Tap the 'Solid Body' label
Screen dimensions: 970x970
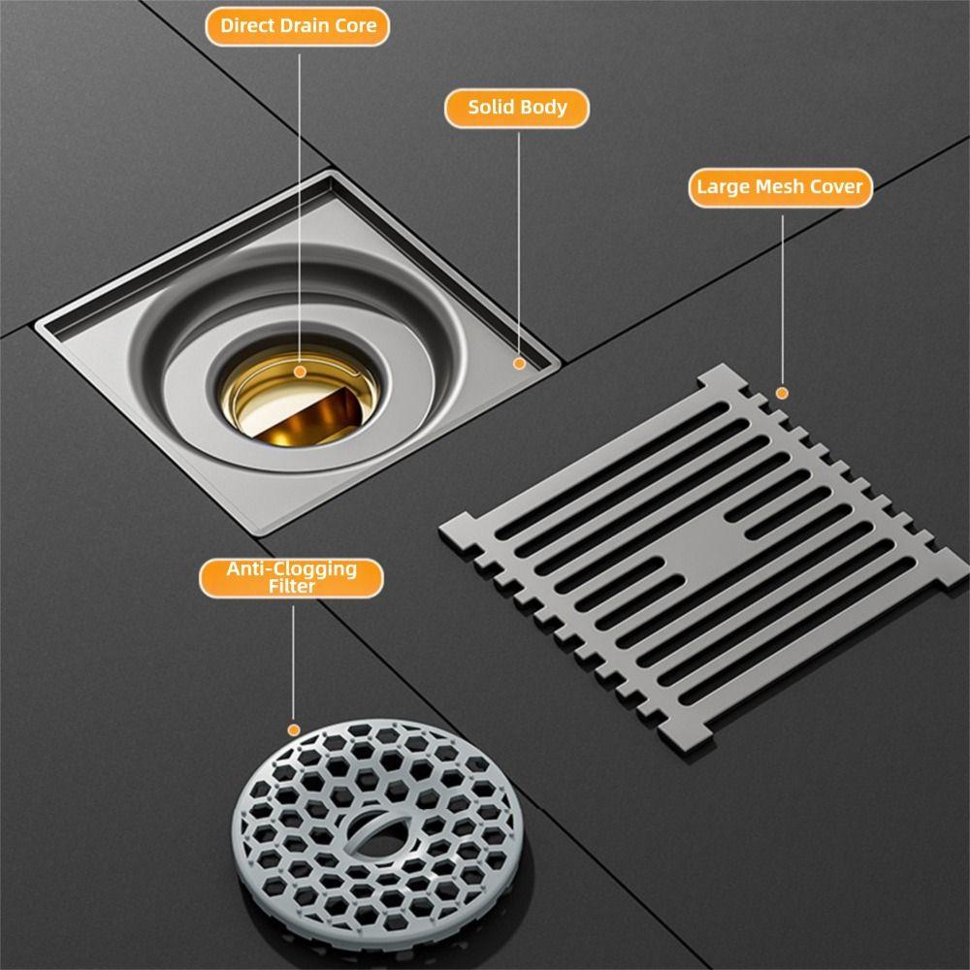pyautogui.click(x=517, y=108)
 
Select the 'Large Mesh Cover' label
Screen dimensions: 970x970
pyautogui.click(x=780, y=187)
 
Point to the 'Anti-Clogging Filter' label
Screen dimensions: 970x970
pyautogui.click(x=292, y=577)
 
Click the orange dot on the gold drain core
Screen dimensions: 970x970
pyautogui.click(x=300, y=372)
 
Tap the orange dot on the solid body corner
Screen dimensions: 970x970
pyautogui.click(x=519, y=363)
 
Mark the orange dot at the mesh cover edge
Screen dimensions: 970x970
pyautogui.click(x=782, y=393)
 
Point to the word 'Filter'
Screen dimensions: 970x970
pyautogui.click(x=292, y=587)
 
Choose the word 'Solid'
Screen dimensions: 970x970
pyautogui.click(x=492, y=108)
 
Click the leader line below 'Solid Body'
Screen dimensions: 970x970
pyautogui.click(x=519, y=242)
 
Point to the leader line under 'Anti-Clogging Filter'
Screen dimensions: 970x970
pyautogui.click(x=293, y=660)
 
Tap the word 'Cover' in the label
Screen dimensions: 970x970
pyautogui.click(x=835, y=187)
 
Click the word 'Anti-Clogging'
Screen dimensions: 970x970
pyautogui.click(x=292, y=569)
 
